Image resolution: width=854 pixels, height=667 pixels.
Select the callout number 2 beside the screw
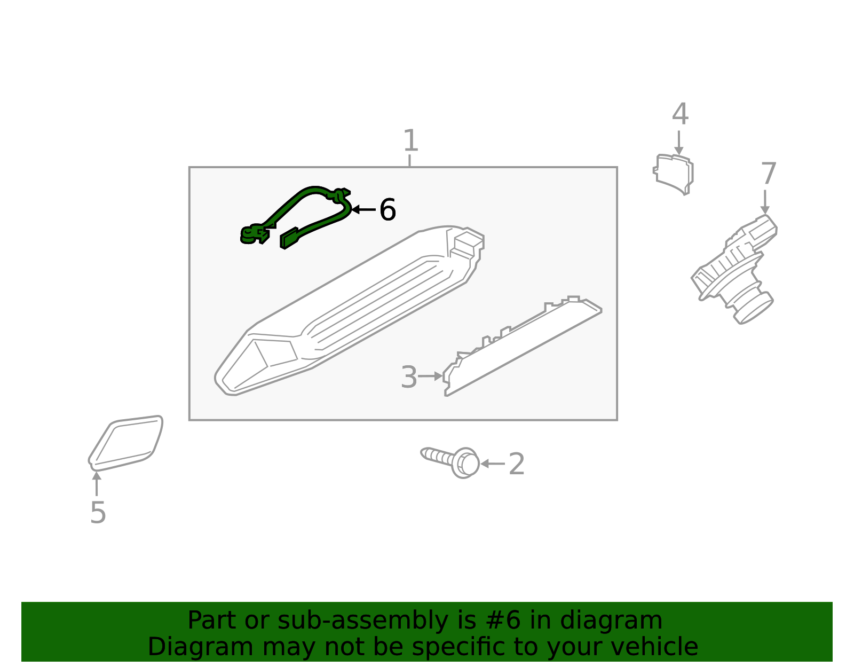[517, 464]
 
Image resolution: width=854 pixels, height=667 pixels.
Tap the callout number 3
[409, 377]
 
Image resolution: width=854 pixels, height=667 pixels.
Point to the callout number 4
[680, 114]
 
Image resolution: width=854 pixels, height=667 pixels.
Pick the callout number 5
[98, 513]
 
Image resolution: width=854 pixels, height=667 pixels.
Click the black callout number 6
[388, 210]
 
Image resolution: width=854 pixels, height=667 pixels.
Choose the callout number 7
[768, 174]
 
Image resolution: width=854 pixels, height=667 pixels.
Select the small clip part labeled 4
[674, 174]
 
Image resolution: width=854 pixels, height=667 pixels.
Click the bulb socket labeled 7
[737, 267]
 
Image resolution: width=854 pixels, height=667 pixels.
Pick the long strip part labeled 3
[523, 347]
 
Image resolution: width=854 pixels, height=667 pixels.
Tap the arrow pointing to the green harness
[363, 209]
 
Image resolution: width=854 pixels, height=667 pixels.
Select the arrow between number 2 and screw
[492, 464]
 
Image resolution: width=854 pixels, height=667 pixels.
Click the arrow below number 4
[678, 143]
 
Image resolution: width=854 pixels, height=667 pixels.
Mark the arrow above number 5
[97, 484]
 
